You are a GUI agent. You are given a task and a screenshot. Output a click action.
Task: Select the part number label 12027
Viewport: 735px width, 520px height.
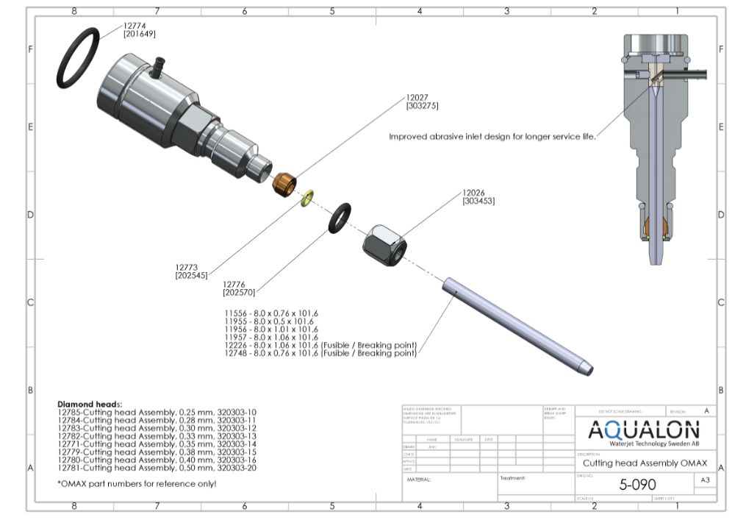pos(417,96)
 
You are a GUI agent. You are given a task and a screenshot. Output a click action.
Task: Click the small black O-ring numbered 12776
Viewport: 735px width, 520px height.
pos(340,217)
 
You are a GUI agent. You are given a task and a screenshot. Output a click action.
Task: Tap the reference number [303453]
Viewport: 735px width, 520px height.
pos(478,201)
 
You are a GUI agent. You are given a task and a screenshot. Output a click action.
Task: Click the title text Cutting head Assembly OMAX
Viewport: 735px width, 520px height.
pos(645,463)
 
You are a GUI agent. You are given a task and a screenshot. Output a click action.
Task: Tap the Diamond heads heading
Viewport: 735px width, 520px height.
pos(90,405)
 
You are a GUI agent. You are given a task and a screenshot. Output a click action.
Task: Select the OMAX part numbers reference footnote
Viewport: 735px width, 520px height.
pos(137,484)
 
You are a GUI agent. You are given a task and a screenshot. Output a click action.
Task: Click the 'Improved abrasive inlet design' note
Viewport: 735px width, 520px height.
pos(491,136)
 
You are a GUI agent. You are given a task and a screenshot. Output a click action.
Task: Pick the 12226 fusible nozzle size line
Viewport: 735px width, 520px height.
pos(320,345)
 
